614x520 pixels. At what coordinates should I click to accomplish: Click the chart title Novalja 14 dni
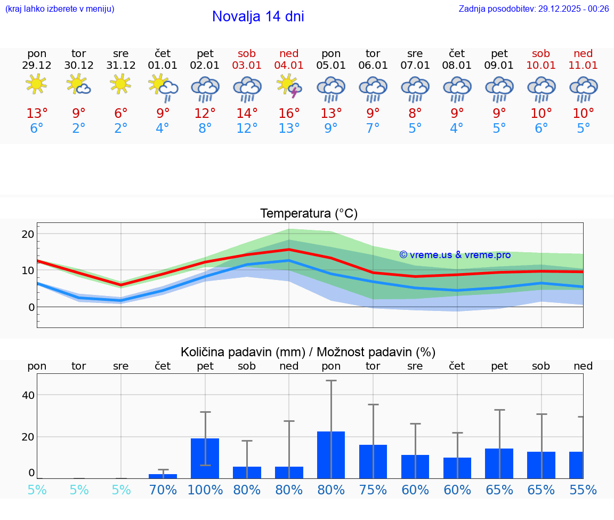pos(258,17)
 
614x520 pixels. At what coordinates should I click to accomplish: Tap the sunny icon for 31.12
pos(120,84)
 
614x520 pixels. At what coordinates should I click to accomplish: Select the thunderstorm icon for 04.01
pos(289,86)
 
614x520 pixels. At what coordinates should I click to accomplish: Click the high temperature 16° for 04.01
pos(289,114)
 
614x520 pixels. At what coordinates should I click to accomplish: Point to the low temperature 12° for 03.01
pos(247,129)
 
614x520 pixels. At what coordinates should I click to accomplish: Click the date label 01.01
pos(163,65)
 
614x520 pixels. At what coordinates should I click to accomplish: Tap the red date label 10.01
pos(541,65)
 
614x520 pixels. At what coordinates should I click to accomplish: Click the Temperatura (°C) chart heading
pos(309,214)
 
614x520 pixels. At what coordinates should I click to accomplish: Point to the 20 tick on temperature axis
pos(28,234)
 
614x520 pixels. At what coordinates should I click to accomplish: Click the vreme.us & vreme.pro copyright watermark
pos(455,255)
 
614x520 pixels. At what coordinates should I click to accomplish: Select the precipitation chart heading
pos(308,352)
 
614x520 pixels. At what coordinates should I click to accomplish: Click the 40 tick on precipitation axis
pos(28,395)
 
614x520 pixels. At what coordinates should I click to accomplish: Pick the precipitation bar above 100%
pos(205,458)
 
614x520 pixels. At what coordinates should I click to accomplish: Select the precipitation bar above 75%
pos(373,461)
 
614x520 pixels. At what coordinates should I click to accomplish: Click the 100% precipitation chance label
pos(205,490)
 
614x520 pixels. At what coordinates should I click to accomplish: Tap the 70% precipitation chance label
pos(163,490)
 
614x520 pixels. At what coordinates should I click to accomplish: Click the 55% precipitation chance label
pos(583,490)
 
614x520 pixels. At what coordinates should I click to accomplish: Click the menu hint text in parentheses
pos(59,9)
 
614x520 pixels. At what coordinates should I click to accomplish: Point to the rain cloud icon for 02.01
pos(205,89)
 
